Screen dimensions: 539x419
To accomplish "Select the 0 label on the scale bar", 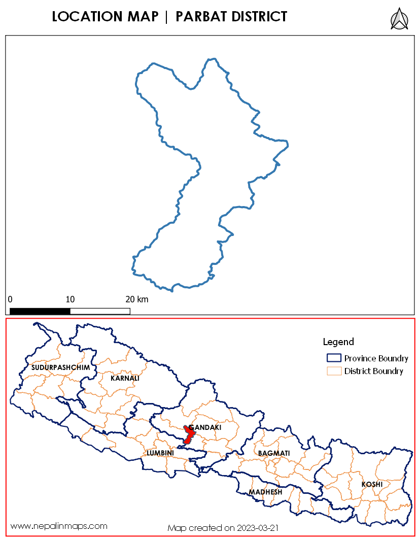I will point(10,299).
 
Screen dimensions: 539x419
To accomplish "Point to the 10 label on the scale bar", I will point(70,299).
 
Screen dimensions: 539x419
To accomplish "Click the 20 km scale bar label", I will point(136,299).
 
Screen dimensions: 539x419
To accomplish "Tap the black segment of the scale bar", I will point(40,311).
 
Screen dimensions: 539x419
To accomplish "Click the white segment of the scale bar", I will point(100,311).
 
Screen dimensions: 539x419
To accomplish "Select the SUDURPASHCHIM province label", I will point(60,367).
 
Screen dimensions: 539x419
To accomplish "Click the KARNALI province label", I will point(125,378).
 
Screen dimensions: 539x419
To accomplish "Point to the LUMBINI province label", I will point(160,452).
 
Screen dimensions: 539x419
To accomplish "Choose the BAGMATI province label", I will point(274,453).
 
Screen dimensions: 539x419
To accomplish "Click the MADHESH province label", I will point(265,492).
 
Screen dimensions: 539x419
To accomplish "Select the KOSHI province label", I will point(372,484).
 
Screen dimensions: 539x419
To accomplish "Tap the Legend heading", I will point(338,342).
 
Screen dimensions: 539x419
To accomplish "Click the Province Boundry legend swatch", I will point(333,358).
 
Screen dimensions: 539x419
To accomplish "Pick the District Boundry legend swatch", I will point(333,371).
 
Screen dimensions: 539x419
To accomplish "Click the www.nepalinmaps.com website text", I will point(59,526).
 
